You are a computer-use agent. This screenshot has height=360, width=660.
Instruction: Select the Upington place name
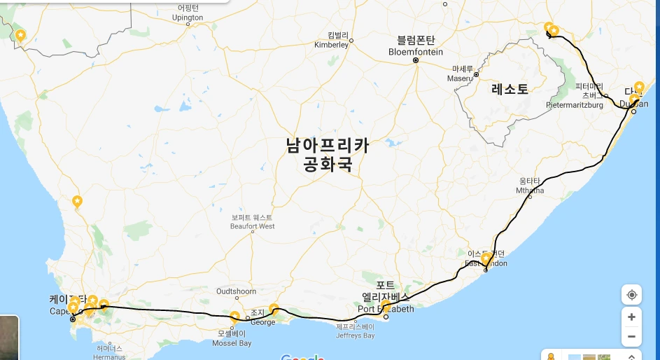[x=189, y=13]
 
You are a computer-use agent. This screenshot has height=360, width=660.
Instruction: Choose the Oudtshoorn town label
[x=236, y=291]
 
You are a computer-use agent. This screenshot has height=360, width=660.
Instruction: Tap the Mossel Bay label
[x=234, y=339]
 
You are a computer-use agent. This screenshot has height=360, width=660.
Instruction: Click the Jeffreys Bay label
[x=355, y=331]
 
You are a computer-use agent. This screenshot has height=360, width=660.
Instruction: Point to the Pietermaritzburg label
[x=575, y=99]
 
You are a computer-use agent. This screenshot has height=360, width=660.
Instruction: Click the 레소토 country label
[x=510, y=89]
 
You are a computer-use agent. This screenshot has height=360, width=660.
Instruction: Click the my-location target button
[x=631, y=295]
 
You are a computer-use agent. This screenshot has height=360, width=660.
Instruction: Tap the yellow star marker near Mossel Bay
[x=235, y=316]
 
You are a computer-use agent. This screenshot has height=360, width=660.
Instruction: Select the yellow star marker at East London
[x=486, y=258]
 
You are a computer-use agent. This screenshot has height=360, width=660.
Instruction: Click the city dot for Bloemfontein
[x=415, y=61]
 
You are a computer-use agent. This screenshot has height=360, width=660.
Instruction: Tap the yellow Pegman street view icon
[x=551, y=356]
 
